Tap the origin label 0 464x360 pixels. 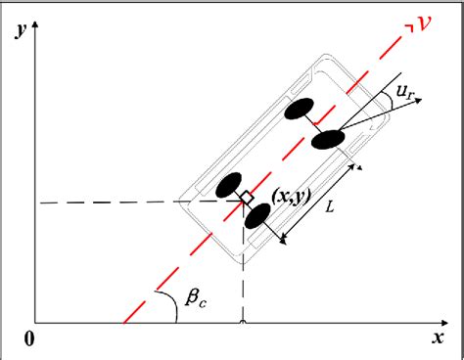[x=29, y=338]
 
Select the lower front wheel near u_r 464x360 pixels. [x=330, y=141]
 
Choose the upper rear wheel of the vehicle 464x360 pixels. [x=229, y=183]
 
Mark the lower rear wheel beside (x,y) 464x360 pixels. [x=257, y=214]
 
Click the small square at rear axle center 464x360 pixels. [x=246, y=198]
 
